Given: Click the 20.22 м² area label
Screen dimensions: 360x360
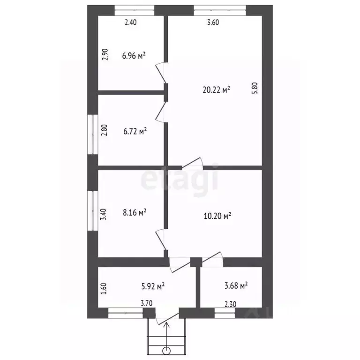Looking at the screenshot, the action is [216, 90].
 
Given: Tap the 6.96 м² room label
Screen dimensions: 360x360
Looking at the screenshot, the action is [134, 56].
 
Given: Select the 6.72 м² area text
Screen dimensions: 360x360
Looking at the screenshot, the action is [135, 132].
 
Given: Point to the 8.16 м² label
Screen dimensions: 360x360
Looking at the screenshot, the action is [135, 213].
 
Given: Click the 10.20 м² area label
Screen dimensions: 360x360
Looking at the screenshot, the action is [217, 216].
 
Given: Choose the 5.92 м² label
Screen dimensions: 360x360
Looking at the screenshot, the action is [153, 286].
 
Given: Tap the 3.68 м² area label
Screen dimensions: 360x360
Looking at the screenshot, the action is [236, 286].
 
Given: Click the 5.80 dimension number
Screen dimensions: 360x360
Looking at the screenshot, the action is [255, 88].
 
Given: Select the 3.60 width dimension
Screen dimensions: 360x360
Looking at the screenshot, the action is [213, 22].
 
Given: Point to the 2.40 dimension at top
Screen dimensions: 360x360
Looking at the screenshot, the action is [130, 22].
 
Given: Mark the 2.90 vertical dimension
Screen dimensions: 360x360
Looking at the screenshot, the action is [105, 54].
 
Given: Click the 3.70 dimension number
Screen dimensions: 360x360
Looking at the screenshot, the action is [146, 303].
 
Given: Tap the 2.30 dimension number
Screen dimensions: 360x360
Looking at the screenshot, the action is [230, 304].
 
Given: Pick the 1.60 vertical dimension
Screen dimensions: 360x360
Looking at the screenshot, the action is [104, 289].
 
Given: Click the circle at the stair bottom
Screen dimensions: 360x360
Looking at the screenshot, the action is [166, 351].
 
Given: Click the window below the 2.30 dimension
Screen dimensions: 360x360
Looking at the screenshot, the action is [225, 313].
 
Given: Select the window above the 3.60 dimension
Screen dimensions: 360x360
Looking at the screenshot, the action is [220, 10].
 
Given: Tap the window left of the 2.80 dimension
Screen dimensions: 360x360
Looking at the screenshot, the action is [93, 135].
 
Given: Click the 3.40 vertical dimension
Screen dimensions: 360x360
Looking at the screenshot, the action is [104, 214].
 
